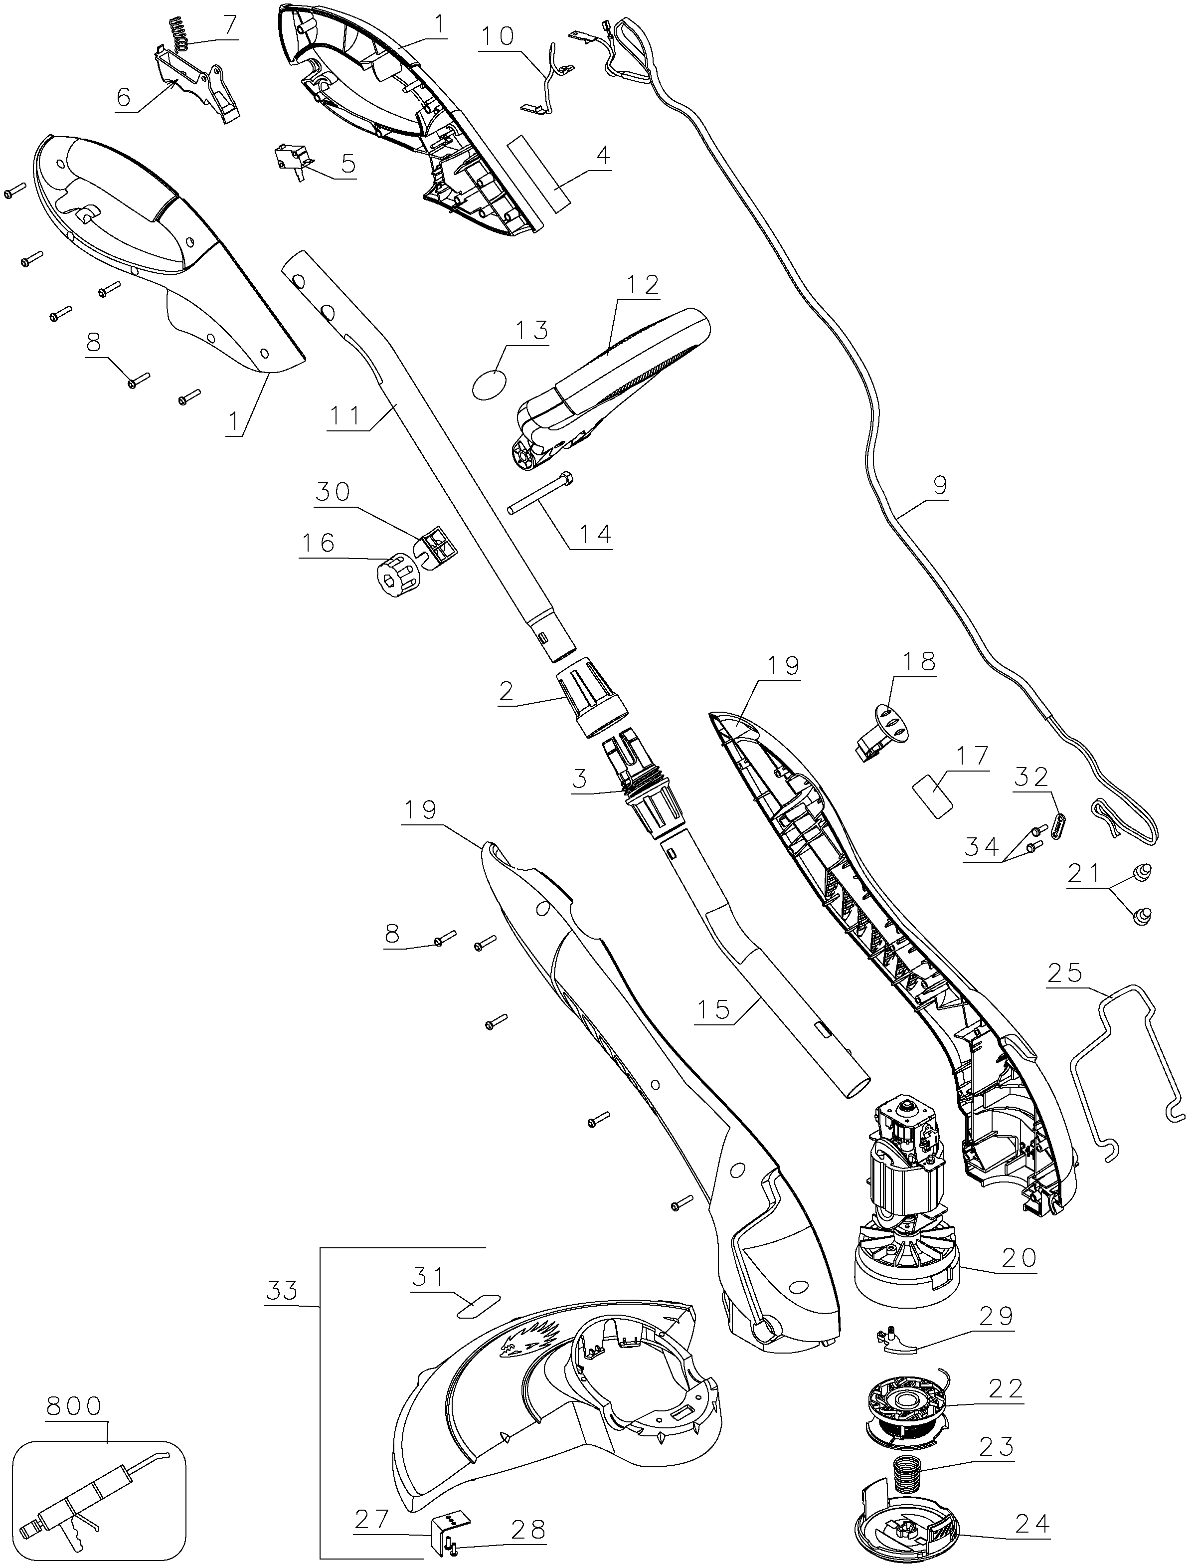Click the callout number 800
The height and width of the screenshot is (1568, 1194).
pyautogui.click(x=74, y=1406)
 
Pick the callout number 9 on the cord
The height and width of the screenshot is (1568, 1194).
pyautogui.click(x=940, y=486)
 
